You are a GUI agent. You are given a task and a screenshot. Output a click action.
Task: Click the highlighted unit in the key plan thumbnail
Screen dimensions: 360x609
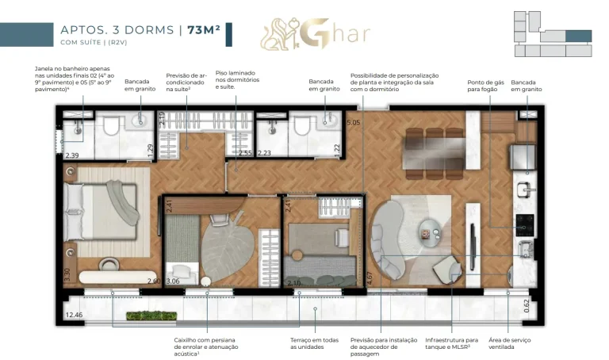[577, 36]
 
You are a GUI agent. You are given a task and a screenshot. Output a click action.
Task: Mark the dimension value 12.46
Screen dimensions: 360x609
[74, 315]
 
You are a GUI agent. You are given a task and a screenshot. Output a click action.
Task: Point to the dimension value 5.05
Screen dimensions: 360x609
[354, 123]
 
